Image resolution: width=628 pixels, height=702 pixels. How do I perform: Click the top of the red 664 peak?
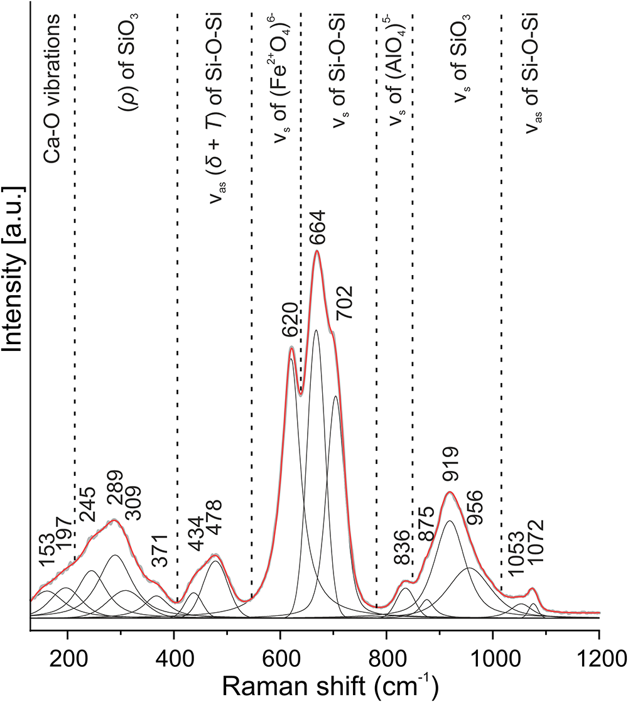[317, 251]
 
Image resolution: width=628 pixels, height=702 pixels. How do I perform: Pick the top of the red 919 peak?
[450, 492]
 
